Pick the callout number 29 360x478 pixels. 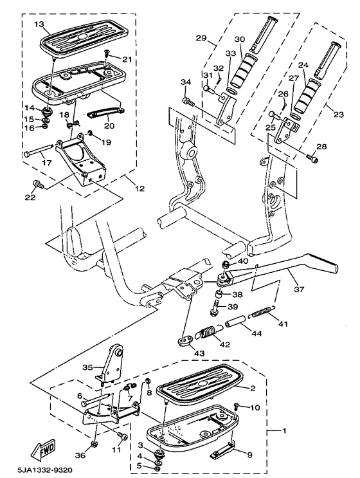click(x=200, y=39)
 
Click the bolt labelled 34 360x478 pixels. click(x=188, y=100)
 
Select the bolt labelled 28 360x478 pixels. click(x=312, y=158)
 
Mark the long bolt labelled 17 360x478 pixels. click(x=39, y=154)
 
